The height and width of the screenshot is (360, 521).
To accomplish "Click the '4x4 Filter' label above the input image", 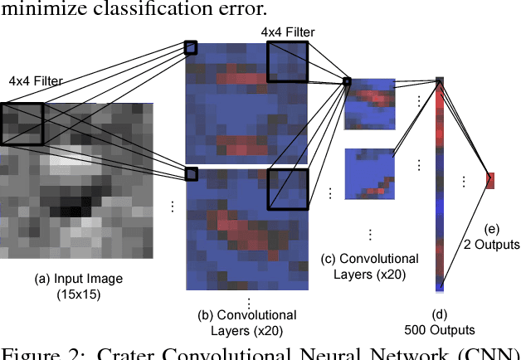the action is [36, 81].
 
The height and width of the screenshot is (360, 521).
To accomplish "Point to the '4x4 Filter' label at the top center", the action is [288, 32].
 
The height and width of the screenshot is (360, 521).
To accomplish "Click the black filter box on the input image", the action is [22, 124].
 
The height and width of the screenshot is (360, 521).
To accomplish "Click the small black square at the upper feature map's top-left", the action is [191, 47].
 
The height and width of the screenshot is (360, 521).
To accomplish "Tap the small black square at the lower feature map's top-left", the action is [191, 173].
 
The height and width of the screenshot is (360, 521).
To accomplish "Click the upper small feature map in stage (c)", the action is [369, 106].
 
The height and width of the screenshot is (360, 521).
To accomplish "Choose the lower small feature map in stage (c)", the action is [369, 172].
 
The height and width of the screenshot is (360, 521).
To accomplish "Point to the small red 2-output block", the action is [489, 179].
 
